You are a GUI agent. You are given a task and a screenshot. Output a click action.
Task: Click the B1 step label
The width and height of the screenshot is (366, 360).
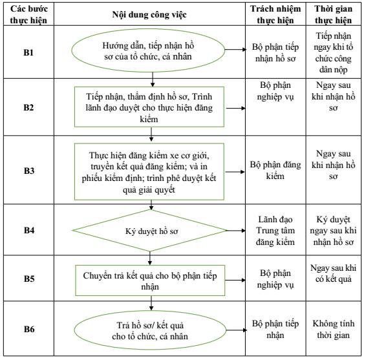pos(28,52)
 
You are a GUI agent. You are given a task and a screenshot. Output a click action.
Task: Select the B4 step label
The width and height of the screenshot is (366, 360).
pos(29,230)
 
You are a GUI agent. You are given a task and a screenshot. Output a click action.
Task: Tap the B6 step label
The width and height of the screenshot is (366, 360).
pos(29,329)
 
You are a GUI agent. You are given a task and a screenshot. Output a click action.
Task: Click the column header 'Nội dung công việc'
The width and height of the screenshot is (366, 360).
pos(149,14)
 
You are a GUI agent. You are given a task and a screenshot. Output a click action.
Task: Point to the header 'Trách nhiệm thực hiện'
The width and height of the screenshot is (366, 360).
pos(275,14)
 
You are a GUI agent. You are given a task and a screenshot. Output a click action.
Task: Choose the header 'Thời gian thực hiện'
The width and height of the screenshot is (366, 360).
pos(333,14)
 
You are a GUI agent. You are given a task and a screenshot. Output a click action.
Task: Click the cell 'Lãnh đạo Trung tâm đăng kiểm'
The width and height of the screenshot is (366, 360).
pos(275,231)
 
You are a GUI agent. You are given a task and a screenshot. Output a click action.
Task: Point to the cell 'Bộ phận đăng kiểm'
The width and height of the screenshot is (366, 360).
pos(275,170)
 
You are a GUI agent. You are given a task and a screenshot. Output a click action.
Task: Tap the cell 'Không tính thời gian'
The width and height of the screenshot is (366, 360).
pos(333,329)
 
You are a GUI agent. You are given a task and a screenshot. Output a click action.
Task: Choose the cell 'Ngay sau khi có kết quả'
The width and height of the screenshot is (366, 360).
pos(333,273)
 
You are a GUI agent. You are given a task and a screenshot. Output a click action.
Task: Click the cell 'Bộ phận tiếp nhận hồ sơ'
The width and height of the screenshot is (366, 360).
pos(275,52)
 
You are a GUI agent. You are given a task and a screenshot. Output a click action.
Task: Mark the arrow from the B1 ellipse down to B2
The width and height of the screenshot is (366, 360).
pos(153,79)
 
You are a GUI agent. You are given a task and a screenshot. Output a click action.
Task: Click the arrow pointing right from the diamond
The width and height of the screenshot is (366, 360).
pos(236,231)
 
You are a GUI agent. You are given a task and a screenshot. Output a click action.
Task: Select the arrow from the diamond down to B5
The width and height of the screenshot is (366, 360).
pos(150,258)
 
